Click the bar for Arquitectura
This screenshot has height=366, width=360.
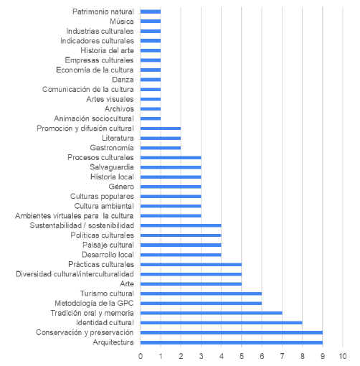coord(231,342)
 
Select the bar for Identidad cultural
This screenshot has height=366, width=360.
coord(221,323)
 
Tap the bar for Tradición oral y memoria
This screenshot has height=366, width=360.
coord(211,313)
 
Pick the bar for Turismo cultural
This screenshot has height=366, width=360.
coord(201,294)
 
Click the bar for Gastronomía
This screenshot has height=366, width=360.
coord(161,147)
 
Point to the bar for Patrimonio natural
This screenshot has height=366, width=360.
coord(151,11)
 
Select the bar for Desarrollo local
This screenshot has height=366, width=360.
coord(181,254)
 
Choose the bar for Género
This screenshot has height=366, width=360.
coord(171,186)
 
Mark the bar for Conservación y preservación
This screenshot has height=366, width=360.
coord(231,332)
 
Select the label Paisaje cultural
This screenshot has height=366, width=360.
coord(105,245)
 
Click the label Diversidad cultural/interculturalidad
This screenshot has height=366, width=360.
coord(75,273)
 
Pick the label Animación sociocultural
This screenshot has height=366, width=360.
coord(94,118)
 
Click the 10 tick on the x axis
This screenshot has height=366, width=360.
coord(343,356)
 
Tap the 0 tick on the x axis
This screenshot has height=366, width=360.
coord(141,356)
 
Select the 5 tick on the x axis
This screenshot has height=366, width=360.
coord(242,356)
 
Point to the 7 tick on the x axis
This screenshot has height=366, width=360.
coord(282,356)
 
